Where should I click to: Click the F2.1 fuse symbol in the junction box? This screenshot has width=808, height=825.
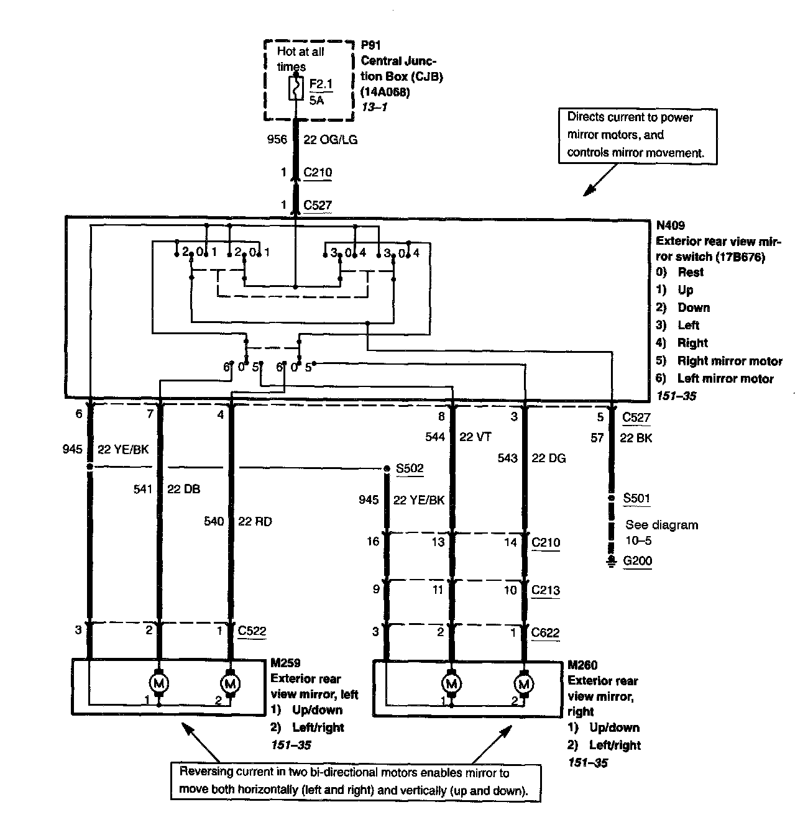[295, 88]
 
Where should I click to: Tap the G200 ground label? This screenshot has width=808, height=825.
[638, 561]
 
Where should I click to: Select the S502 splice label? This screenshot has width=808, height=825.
[410, 468]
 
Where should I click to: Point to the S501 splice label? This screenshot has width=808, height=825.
[637, 498]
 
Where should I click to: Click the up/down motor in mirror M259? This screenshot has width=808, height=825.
[159, 683]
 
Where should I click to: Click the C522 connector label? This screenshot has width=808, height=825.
[252, 631]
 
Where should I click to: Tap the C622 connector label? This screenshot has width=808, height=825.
[545, 632]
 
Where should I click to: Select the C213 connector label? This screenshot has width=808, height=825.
[545, 590]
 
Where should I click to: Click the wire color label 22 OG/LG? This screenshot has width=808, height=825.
[330, 140]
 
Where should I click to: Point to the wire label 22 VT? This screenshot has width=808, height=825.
[475, 437]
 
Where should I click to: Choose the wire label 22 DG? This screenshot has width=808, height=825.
[548, 458]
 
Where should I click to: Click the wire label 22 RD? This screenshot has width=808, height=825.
[255, 521]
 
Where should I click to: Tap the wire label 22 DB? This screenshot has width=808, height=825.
[183, 489]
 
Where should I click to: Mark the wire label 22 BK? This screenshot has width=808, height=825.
[636, 438]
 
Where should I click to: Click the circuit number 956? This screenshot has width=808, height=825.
[277, 140]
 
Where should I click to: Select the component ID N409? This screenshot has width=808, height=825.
[671, 226]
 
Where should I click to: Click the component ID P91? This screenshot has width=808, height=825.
[370, 45]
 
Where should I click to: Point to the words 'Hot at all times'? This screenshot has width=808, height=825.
[300, 59]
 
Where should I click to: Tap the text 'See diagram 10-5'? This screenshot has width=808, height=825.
[661, 532]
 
